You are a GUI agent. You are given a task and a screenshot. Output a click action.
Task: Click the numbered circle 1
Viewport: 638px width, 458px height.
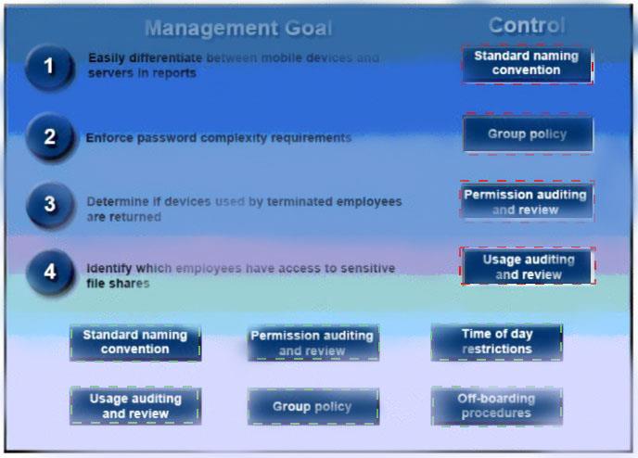[50, 67]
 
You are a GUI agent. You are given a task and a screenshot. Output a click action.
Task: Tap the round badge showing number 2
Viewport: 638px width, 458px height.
[50, 137]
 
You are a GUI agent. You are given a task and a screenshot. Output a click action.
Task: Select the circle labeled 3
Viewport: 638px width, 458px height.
[50, 205]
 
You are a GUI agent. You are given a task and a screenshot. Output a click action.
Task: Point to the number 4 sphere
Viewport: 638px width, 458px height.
[50, 273]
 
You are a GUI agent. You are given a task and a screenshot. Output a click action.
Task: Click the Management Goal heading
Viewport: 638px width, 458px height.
[238, 28]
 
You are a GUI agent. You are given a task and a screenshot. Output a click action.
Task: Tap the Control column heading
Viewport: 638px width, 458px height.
[527, 25]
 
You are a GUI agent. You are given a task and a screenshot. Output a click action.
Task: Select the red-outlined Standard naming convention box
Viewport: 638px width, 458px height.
[527, 64]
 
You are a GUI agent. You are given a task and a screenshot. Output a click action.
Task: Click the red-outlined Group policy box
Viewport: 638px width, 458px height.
[528, 134]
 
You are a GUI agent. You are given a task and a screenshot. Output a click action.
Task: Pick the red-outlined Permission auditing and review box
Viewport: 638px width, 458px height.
[527, 202]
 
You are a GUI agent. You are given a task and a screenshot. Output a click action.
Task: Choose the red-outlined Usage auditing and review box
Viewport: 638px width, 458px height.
[528, 266]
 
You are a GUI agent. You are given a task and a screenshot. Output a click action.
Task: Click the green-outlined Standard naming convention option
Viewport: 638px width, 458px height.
[135, 342]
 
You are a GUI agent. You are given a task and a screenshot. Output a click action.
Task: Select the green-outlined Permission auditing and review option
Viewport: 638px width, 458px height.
[313, 343]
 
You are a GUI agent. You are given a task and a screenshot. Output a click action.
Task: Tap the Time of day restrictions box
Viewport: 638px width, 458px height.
[497, 342]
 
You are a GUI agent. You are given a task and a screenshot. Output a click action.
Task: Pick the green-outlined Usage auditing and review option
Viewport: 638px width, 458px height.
[135, 406]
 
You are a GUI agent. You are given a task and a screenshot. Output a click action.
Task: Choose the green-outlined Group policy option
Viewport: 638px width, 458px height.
[313, 406]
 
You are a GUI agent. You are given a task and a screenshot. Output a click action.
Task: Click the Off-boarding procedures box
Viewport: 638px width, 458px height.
[497, 406]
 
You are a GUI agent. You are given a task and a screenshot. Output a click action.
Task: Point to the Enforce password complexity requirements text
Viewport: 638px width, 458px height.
[219, 138]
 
